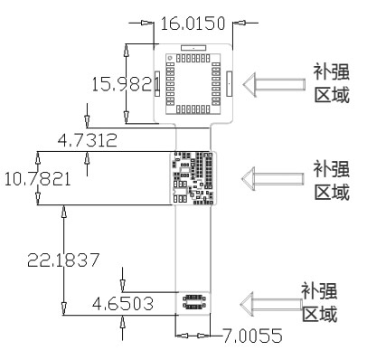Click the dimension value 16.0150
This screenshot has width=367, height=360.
193,24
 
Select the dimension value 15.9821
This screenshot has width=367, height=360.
126,84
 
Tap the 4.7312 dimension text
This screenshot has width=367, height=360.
87,140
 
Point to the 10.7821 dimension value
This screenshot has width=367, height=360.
37,179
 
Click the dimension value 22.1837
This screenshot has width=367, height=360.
63,260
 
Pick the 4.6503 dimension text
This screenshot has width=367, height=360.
123,304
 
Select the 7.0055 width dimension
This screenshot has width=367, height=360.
252,336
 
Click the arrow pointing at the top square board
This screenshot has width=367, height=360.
274,84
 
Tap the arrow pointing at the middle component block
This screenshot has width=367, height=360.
272,178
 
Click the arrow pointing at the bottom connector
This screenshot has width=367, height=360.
271,304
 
